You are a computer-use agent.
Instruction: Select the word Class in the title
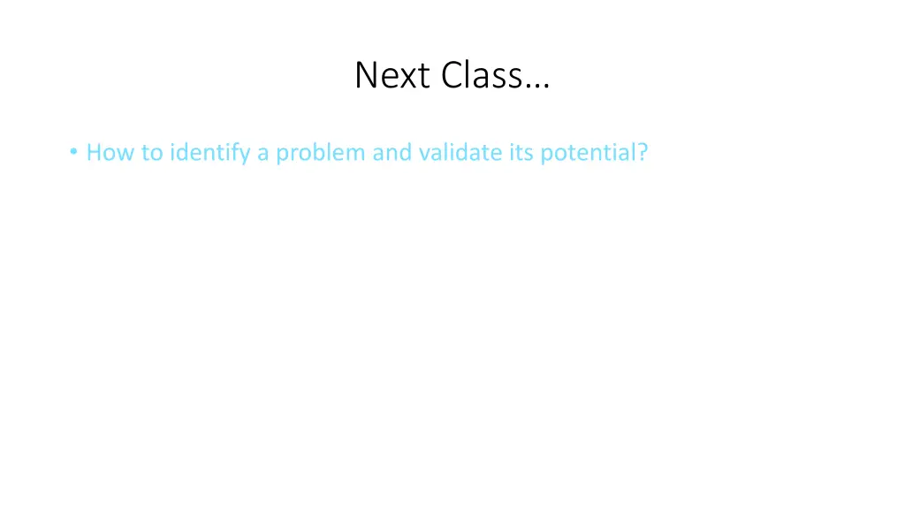point(482,76)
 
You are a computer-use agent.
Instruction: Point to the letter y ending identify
point(247,156)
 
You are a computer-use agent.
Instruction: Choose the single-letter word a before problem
point(262,155)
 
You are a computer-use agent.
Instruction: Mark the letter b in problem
point(323,153)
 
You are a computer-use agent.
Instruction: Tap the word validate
point(457,153)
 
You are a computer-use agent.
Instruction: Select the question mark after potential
point(643,153)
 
